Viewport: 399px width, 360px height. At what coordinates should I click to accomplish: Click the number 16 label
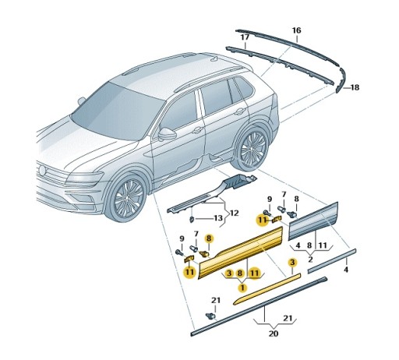click(296, 30)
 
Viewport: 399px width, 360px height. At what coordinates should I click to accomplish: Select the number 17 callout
click(245, 37)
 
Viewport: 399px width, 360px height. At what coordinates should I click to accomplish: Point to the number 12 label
click(233, 213)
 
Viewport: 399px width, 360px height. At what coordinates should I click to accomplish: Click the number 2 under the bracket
click(310, 258)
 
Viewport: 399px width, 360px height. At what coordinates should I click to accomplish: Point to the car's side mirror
click(167, 133)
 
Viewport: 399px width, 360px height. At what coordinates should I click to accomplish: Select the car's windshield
click(109, 109)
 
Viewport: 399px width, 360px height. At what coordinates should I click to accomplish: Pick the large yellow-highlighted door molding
click(242, 252)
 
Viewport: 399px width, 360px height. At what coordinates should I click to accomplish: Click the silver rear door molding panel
click(316, 221)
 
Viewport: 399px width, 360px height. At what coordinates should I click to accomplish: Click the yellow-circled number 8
click(208, 239)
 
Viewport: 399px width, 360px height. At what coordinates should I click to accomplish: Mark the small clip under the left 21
click(210, 316)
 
